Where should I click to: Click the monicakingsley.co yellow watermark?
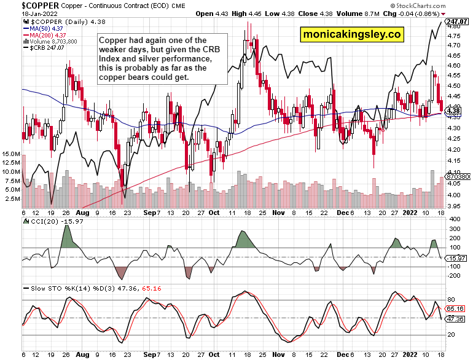click(x=351, y=35)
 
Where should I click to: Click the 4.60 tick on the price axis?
click(x=453, y=65)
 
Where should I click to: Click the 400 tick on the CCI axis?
click(x=453, y=219)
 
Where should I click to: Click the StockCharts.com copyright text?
click(x=440, y=5)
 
